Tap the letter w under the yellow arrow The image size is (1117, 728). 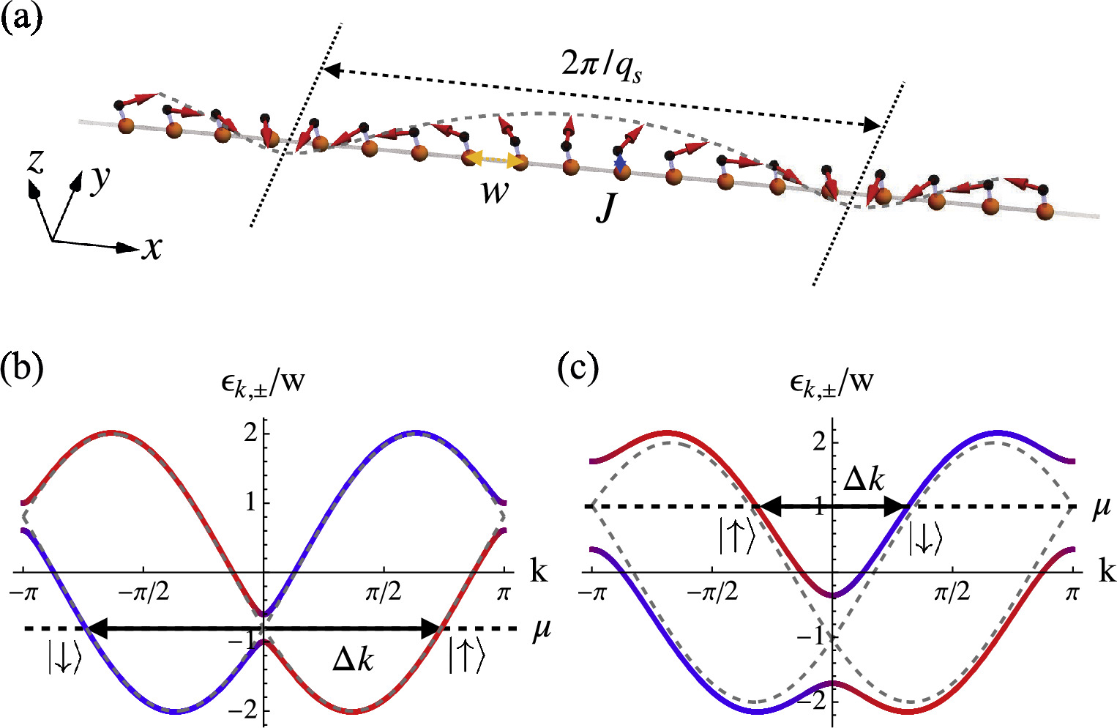(x=495, y=192)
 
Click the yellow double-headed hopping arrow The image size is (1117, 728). (x=495, y=159)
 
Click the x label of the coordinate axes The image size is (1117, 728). (x=152, y=249)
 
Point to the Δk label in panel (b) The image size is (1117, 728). (x=353, y=660)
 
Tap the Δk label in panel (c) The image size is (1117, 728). (x=864, y=479)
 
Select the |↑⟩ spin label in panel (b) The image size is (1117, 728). (x=466, y=656)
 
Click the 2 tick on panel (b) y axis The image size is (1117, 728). (x=250, y=433)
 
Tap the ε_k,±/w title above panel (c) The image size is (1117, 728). (x=832, y=382)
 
